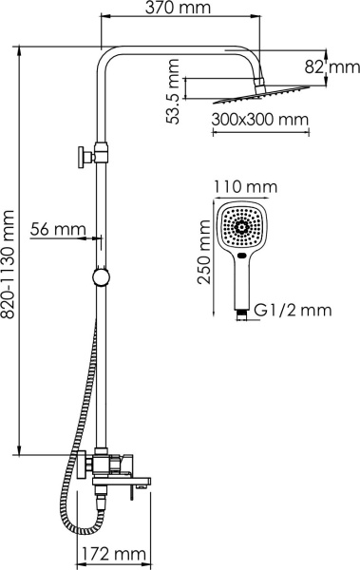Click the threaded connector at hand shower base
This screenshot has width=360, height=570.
click(x=241, y=310)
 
